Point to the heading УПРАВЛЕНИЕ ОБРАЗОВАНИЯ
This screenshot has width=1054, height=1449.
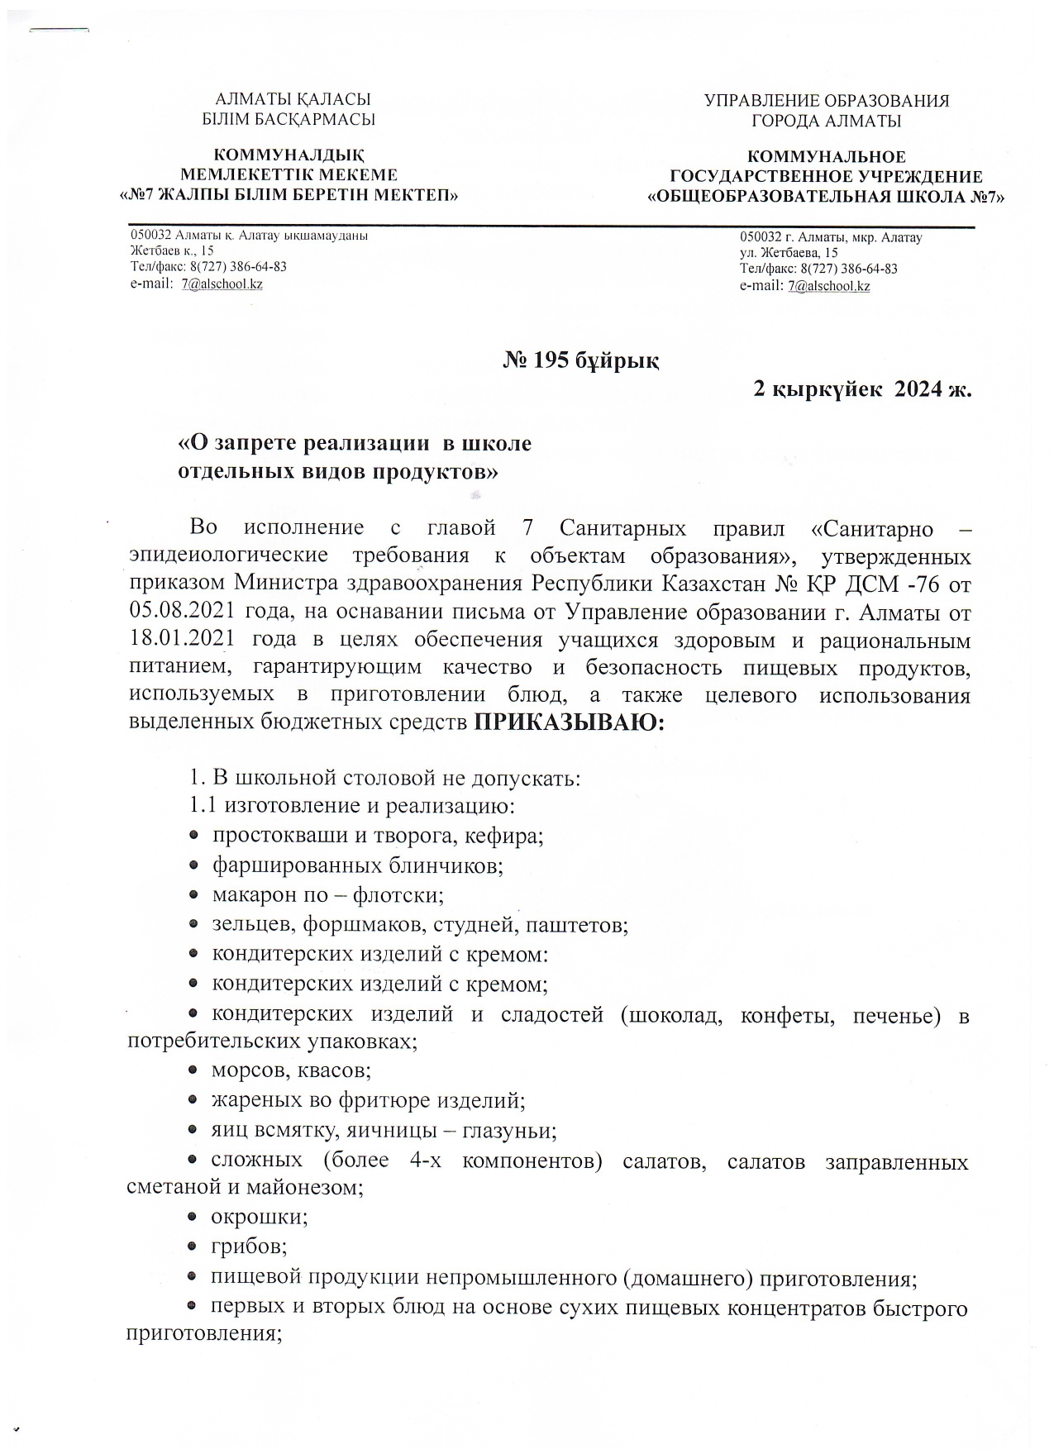[x=826, y=102]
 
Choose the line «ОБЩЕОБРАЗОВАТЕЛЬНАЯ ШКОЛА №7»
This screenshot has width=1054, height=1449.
[x=826, y=198]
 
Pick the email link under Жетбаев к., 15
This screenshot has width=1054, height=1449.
[x=222, y=284]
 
